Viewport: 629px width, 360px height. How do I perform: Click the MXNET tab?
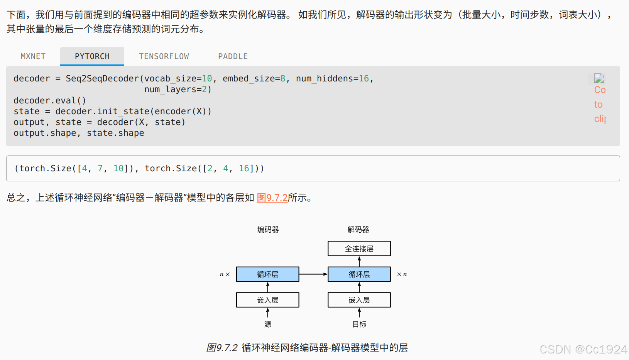(x=33, y=56)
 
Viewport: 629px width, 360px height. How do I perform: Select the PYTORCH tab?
(x=92, y=56)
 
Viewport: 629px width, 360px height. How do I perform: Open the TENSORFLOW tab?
(x=164, y=56)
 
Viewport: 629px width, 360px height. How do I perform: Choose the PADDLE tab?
(x=233, y=56)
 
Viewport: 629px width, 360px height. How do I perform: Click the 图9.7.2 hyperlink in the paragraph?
(x=272, y=198)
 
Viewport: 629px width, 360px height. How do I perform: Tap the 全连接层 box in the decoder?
(x=359, y=248)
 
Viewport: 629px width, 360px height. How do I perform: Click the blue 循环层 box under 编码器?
(x=267, y=274)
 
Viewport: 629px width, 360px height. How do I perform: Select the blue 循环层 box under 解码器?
(x=359, y=274)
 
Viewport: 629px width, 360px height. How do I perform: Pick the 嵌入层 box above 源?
(x=267, y=300)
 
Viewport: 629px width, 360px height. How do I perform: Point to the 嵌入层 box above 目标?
(x=359, y=300)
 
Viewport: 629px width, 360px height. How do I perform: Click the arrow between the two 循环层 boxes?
(x=313, y=274)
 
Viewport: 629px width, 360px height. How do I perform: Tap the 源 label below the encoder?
(x=267, y=324)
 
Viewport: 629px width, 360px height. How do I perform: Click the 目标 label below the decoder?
(x=359, y=324)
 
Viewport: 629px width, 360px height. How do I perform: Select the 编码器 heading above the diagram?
(x=268, y=230)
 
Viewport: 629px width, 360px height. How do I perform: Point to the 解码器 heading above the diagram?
(x=358, y=230)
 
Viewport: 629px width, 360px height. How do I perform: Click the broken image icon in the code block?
(x=599, y=79)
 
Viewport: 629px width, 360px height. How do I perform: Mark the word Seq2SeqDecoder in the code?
(x=102, y=79)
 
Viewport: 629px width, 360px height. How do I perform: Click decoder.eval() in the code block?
(x=50, y=100)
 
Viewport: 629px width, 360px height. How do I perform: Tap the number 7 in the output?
(x=100, y=168)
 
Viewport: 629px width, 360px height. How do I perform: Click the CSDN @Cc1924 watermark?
(x=583, y=349)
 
